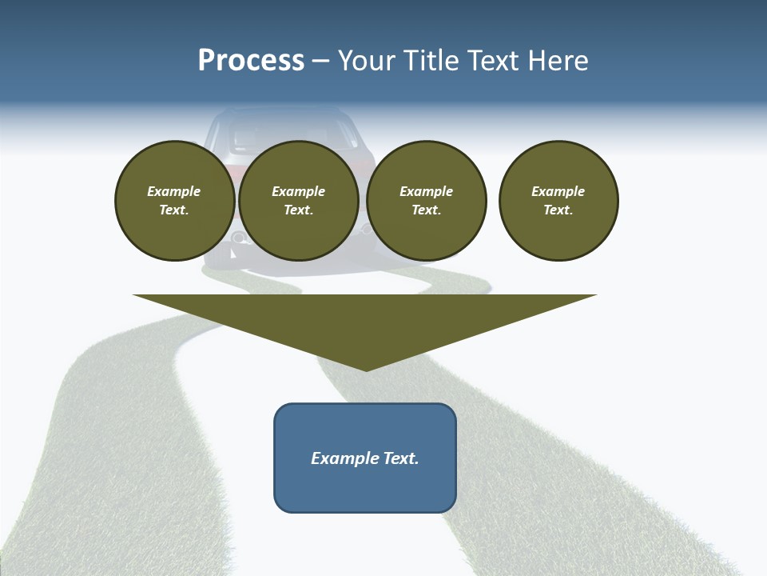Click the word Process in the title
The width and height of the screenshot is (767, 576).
(x=251, y=61)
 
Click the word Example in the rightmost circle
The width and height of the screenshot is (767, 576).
(x=558, y=191)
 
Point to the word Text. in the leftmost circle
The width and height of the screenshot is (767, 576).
(x=174, y=210)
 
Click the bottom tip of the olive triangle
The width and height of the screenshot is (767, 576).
(x=366, y=370)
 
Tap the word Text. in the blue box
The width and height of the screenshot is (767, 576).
(x=401, y=458)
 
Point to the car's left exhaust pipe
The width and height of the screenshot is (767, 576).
(x=238, y=238)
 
